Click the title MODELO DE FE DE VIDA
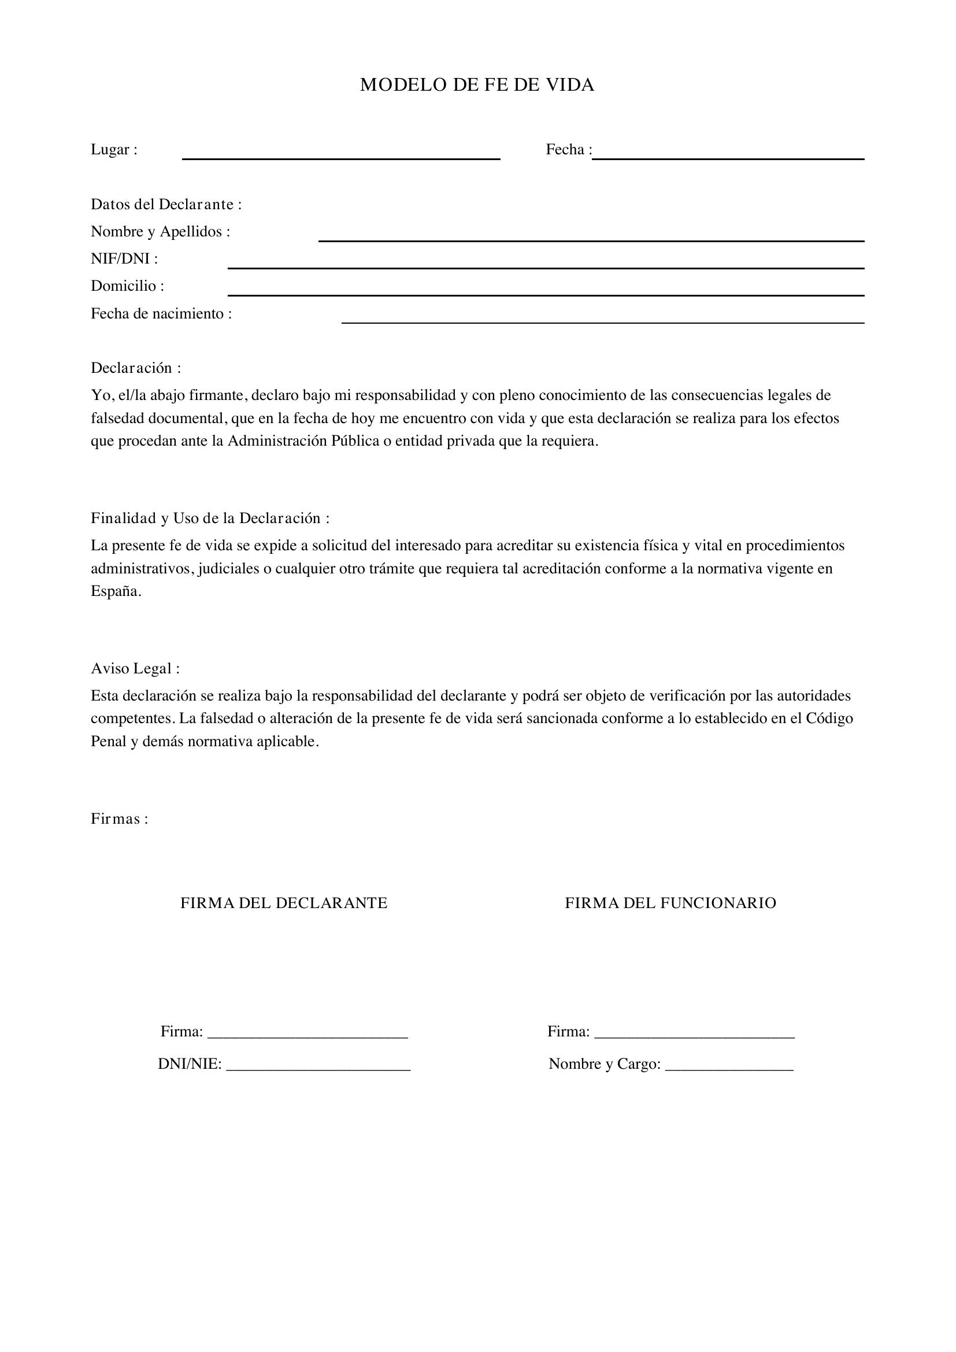(x=477, y=86)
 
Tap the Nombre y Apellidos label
(x=160, y=231)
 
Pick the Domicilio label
(x=127, y=286)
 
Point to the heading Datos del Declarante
(x=166, y=204)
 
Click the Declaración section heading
(x=135, y=368)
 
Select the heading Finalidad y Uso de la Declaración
(x=210, y=518)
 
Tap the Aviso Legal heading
(x=135, y=668)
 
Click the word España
(x=116, y=591)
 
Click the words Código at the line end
(x=829, y=718)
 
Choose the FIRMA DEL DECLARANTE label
(x=284, y=903)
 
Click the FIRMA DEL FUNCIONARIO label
(x=670, y=903)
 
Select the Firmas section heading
(x=119, y=819)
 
